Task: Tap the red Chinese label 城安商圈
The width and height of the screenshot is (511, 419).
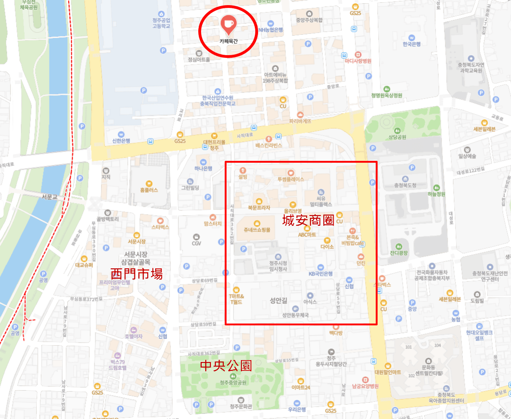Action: click(x=308, y=221)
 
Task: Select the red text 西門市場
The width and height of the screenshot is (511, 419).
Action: click(x=137, y=273)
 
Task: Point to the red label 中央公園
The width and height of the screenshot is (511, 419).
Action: click(x=226, y=366)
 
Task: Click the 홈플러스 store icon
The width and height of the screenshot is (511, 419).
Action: click(x=149, y=184)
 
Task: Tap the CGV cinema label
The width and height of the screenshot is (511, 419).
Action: click(x=196, y=243)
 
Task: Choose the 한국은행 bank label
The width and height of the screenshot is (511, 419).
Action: click(x=411, y=44)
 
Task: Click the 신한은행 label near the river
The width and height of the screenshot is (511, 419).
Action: click(x=121, y=140)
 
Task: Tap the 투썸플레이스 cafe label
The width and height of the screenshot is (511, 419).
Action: click(x=290, y=179)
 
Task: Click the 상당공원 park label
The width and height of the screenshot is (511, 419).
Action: click(x=397, y=137)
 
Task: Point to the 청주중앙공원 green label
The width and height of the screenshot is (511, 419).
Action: click(x=233, y=382)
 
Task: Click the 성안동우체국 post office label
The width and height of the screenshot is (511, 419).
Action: click(x=295, y=315)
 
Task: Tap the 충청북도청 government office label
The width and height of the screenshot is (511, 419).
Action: click(x=405, y=185)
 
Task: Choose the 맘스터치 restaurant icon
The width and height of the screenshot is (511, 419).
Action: click(x=213, y=217)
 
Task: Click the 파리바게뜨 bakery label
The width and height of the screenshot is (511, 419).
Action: click(x=300, y=121)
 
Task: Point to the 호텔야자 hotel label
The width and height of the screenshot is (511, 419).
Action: click(x=133, y=336)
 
